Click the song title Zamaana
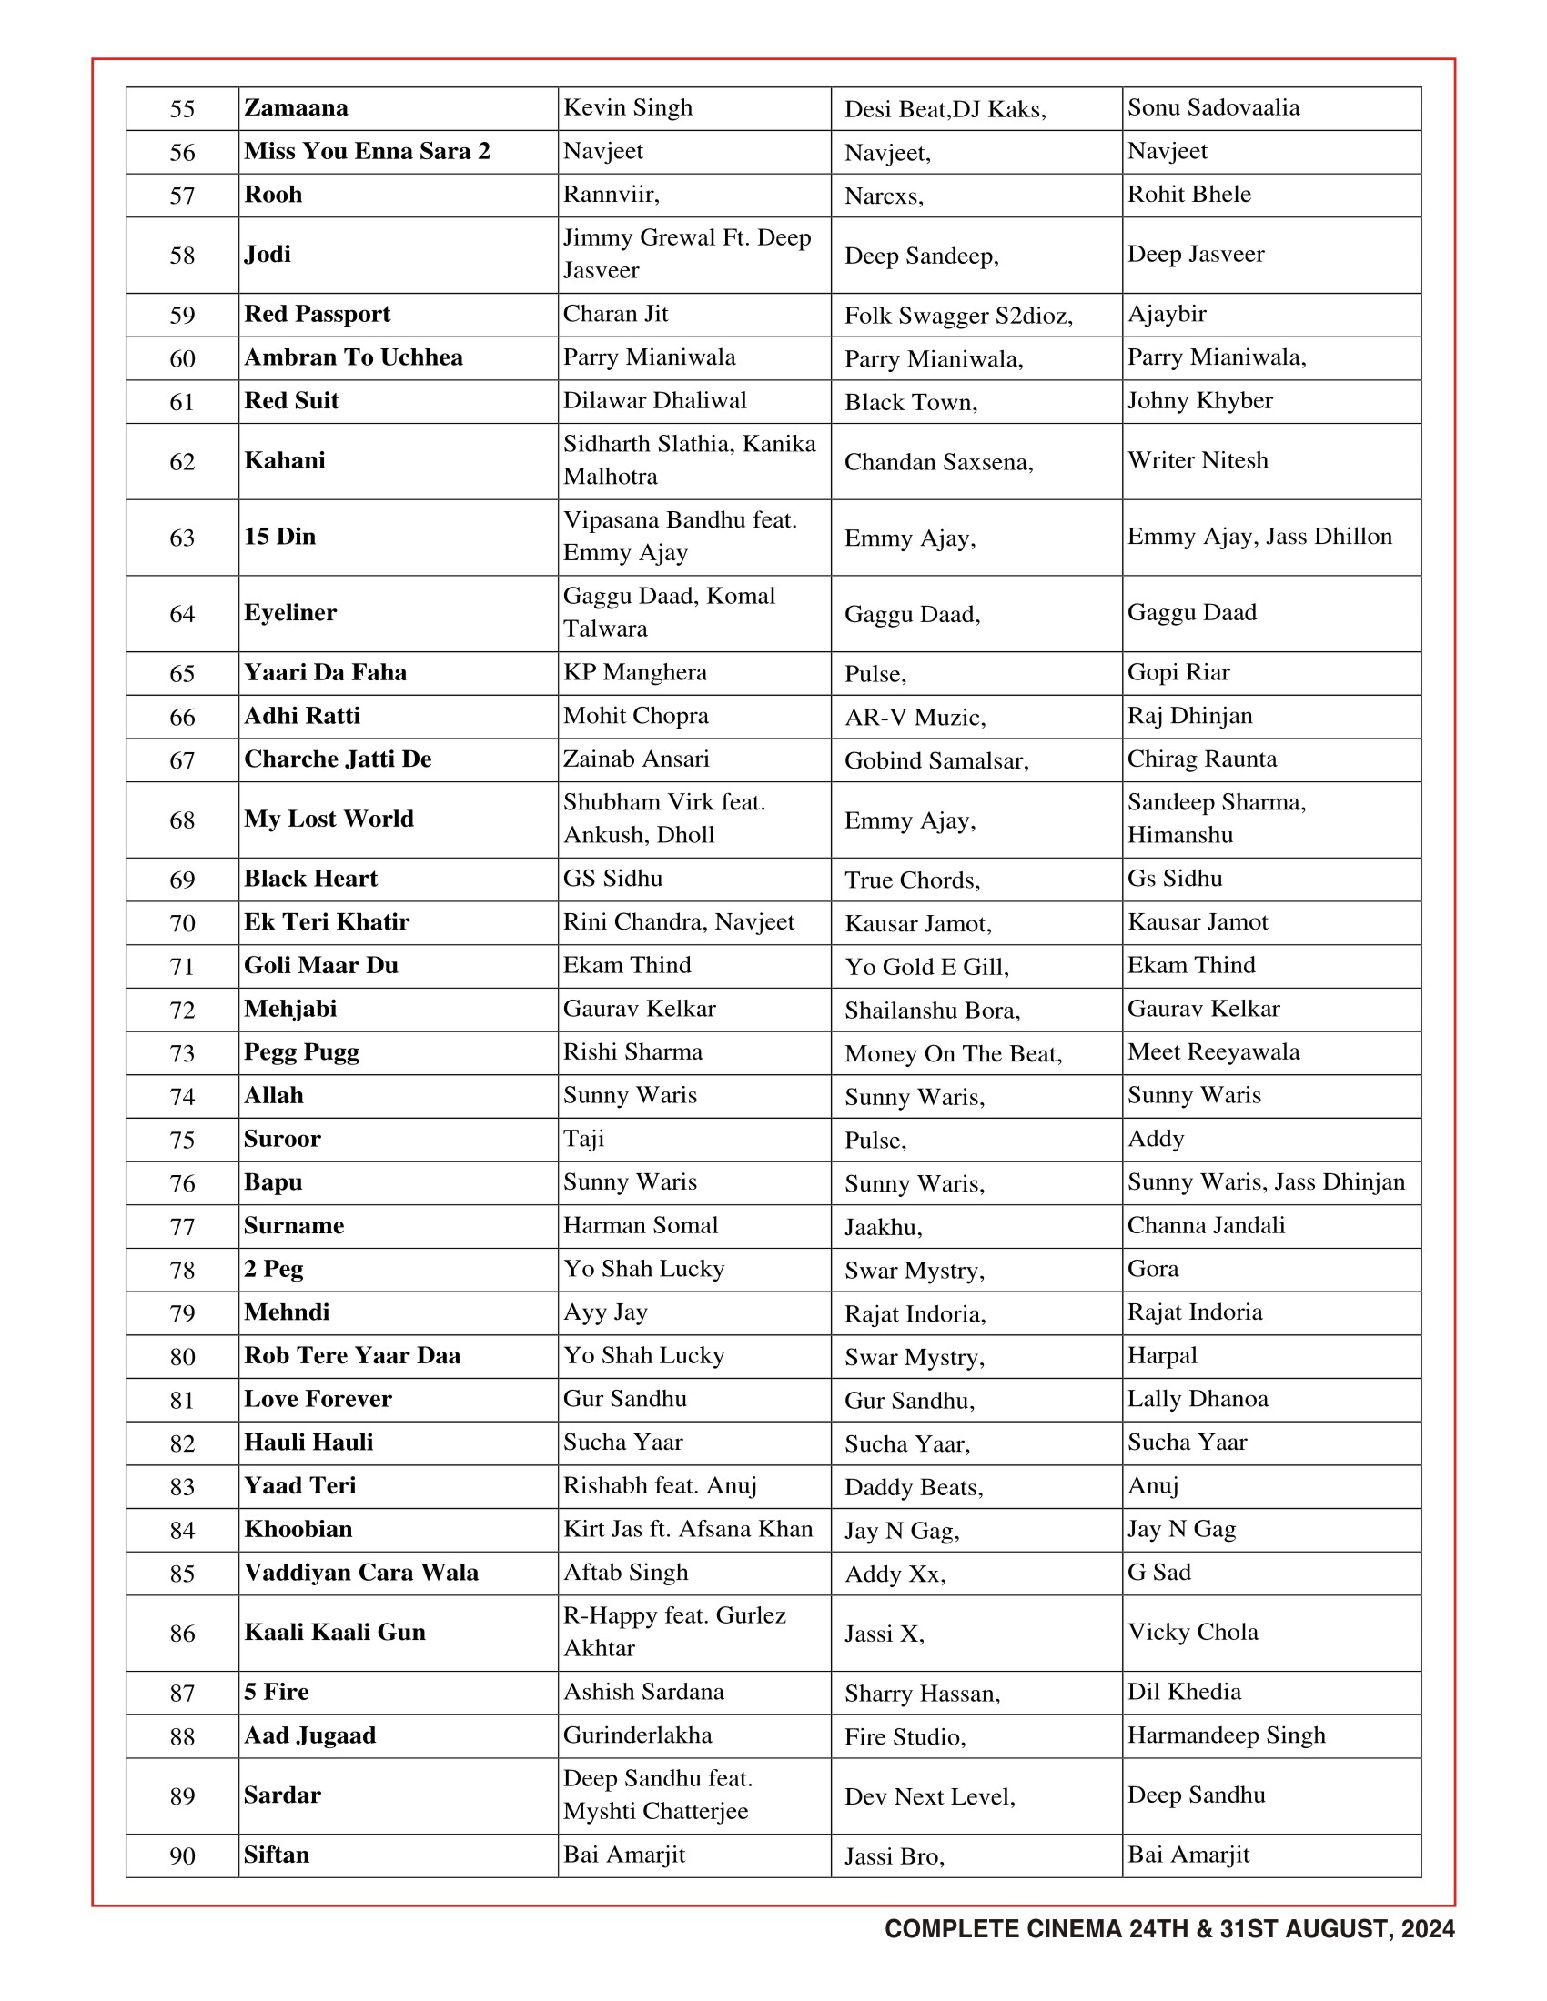pyautogui.click(x=296, y=108)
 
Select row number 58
pyautogui.click(x=182, y=255)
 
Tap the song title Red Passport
pyautogui.click(x=317, y=315)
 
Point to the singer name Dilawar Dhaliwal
pyautogui.click(x=654, y=401)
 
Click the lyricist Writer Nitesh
pyautogui.click(x=1197, y=460)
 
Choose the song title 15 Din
pyautogui.click(x=279, y=537)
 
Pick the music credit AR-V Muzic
pyautogui.click(x=915, y=717)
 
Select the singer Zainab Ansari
pyautogui.click(x=636, y=759)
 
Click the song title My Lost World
pyautogui.click(x=329, y=820)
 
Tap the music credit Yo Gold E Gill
pyautogui.click(x=925, y=967)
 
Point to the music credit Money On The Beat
pyautogui.click(x=952, y=1053)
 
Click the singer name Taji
pyautogui.click(x=584, y=1139)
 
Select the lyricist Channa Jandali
pyautogui.click(x=1206, y=1226)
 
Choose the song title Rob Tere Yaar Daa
pyautogui.click(x=352, y=1356)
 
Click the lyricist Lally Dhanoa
pyautogui.click(x=1197, y=1399)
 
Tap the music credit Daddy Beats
pyautogui.click(x=913, y=1487)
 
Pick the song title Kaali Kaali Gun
pyautogui.click(x=335, y=1633)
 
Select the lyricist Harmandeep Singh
pyautogui.click(x=1227, y=1735)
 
